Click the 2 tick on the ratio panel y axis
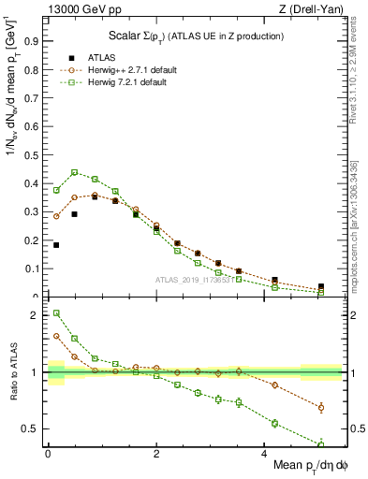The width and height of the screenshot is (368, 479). point(37,315)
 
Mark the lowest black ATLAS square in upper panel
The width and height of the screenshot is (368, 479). point(321,287)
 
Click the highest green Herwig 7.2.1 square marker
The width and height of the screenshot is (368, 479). point(75,172)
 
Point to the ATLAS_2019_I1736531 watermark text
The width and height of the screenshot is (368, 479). point(195,280)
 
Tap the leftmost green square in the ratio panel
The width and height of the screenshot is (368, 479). point(56,313)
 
